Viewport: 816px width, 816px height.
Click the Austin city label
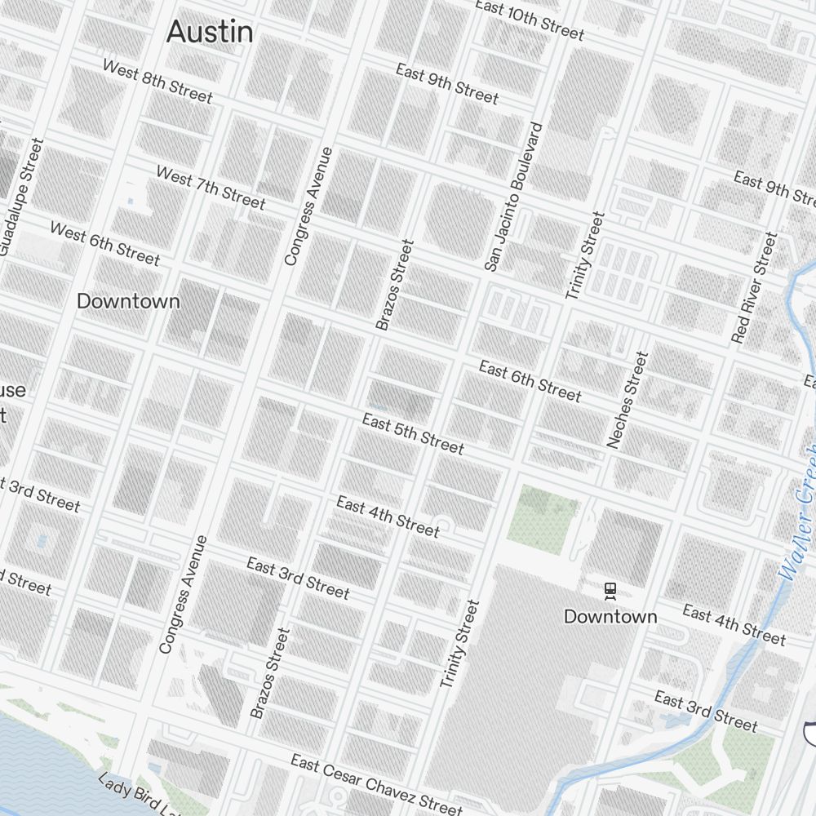(210, 33)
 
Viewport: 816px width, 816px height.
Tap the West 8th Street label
(157, 81)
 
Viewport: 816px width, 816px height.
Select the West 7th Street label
(210, 187)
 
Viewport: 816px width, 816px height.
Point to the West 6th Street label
(104, 242)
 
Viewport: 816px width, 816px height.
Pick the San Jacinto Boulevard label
(513, 197)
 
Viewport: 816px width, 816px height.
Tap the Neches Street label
(627, 400)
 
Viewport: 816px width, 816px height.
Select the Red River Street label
(754, 287)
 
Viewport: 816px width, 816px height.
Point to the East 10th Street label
(530, 20)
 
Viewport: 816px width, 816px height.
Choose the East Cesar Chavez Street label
(376, 784)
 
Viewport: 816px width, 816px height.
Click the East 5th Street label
(413, 434)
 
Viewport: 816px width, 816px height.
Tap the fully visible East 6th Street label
(530, 380)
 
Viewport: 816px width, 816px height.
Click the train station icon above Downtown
(610, 590)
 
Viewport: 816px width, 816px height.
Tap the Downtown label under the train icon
(610, 616)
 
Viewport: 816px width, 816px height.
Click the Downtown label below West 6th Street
(128, 301)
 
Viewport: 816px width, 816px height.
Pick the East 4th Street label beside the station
(734, 624)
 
